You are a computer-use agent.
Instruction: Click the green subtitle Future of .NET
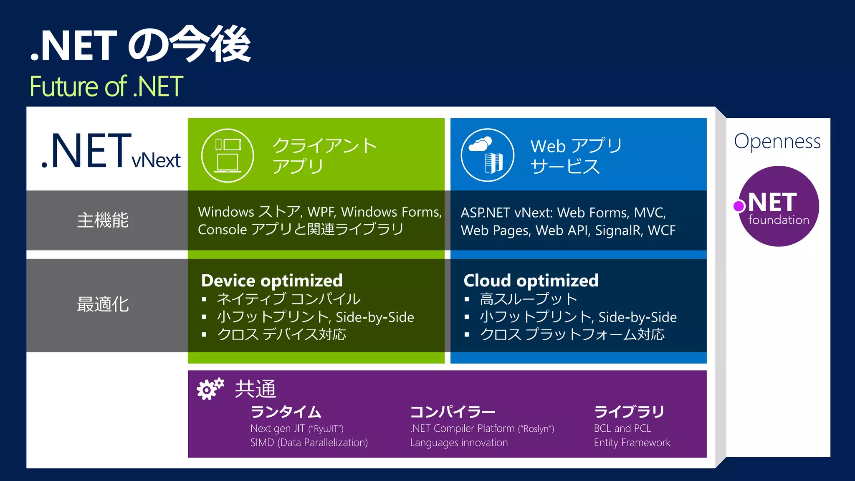(106, 86)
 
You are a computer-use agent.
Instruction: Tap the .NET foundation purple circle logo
(778, 206)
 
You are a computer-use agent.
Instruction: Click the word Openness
(777, 142)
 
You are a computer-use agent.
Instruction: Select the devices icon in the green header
(228, 155)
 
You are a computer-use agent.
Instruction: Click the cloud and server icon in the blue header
(487, 155)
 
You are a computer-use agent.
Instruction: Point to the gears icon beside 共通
(210, 389)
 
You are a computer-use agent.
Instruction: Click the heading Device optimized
(272, 281)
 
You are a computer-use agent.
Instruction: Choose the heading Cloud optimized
(531, 281)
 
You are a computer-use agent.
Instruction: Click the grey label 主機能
(103, 220)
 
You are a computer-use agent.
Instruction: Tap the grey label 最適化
(103, 304)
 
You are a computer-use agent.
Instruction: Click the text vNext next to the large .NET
(156, 160)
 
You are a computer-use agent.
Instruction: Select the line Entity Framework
(632, 443)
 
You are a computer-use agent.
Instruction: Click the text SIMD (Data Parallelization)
(309, 443)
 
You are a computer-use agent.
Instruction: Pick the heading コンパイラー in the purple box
(453, 412)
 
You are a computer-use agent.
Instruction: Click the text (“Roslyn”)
(536, 429)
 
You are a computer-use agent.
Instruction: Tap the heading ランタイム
(286, 412)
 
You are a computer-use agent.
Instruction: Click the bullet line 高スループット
(529, 299)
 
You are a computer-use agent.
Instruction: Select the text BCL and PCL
(622, 428)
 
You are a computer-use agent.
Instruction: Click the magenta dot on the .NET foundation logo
(739, 206)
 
